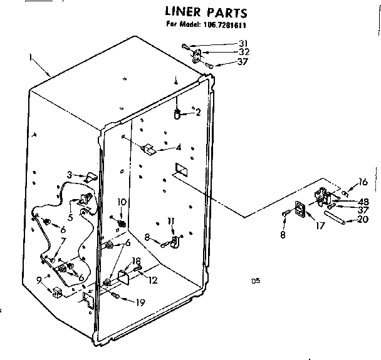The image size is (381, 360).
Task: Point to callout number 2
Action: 198,113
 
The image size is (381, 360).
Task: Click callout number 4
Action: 179,148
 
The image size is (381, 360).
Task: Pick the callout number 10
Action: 122,202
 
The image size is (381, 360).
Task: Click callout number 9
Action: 39,280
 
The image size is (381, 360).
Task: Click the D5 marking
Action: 255,282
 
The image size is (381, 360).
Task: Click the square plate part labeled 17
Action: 301,210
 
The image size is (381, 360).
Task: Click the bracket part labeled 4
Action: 150,149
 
